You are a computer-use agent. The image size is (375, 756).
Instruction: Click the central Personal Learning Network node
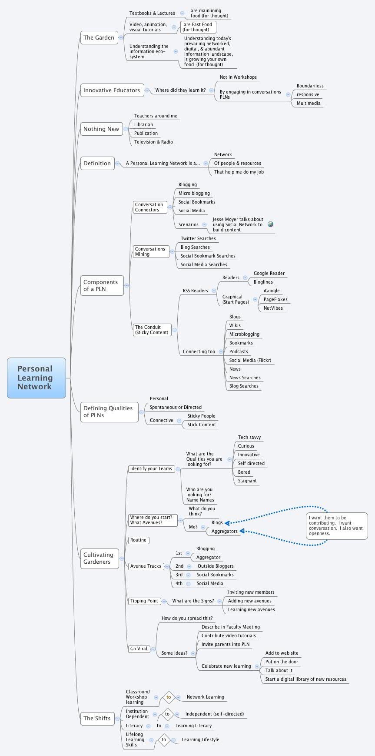(36, 378)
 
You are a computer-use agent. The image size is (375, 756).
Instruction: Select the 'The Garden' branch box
(99, 38)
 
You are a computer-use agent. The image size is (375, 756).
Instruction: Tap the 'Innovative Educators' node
(112, 90)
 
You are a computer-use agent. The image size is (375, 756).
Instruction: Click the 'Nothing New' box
(101, 129)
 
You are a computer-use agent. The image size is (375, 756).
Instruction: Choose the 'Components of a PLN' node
(102, 286)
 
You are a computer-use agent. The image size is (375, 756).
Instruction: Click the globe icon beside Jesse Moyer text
(271, 224)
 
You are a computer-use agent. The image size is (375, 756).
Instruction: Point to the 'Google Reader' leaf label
(269, 274)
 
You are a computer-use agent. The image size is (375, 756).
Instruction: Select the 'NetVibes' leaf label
(273, 308)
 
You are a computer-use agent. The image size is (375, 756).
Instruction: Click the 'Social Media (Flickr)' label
(250, 361)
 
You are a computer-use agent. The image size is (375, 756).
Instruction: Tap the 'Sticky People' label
(201, 416)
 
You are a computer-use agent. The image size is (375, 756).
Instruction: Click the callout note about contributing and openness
(336, 526)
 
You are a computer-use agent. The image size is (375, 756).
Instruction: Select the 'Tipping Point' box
(144, 601)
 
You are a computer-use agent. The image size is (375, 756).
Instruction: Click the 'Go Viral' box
(139, 649)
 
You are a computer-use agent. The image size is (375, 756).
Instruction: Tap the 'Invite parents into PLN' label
(225, 645)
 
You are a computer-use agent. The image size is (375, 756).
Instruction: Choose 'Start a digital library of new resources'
(305, 679)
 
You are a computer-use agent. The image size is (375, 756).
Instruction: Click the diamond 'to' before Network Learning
(169, 697)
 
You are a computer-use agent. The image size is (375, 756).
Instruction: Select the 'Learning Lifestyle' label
(200, 740)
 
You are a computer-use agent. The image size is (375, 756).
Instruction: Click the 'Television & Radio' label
(153, 142)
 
